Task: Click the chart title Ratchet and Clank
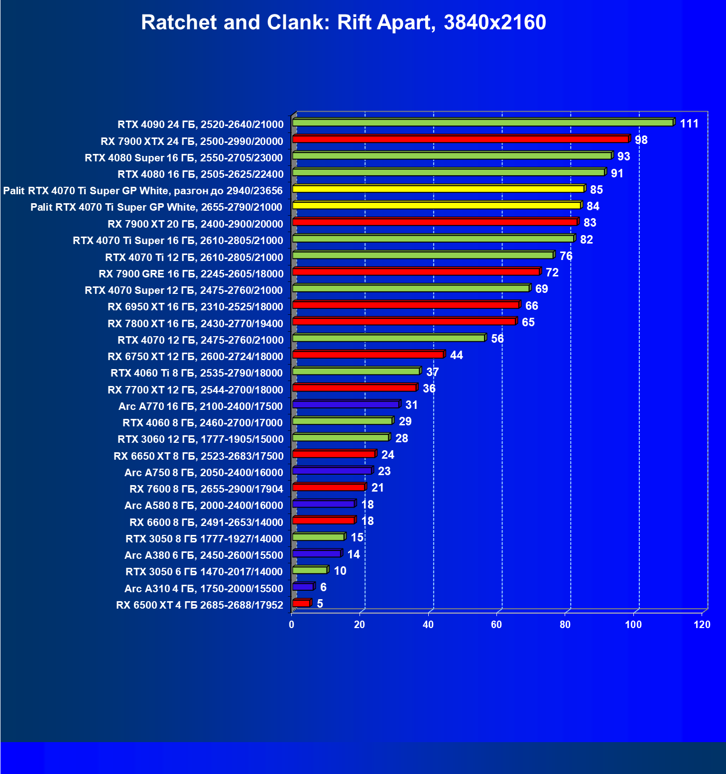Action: click(x=344, y=23)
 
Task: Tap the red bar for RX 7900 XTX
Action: click(x=460, y=139)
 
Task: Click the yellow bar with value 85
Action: click(x=438, y=189)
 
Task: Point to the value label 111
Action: click(x=689, y=124)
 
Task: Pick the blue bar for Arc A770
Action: click(x=346, y=404)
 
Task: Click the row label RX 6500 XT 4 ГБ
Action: click(x=199, y=605)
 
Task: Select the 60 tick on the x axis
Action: click(x=496, y=625)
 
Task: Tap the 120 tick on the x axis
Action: click(x=702, y=625)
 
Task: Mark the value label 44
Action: click(x=456, y=355)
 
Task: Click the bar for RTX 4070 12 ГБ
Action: click(x=388, y=338)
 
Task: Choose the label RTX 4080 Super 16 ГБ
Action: click(x=184, y=158)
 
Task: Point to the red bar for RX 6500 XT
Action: click(x=301, y=603)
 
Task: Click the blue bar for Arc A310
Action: click(x=303, y=587)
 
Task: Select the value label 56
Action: click(x=497, y=339)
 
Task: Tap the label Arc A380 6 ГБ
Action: click(x=203, y=555)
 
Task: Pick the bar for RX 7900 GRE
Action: click(x=416, y=271)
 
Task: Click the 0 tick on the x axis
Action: click(x=291, y=625)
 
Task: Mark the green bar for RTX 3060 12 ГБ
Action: click(x=340, y=437)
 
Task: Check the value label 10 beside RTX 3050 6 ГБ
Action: click(x=340, y=571)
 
